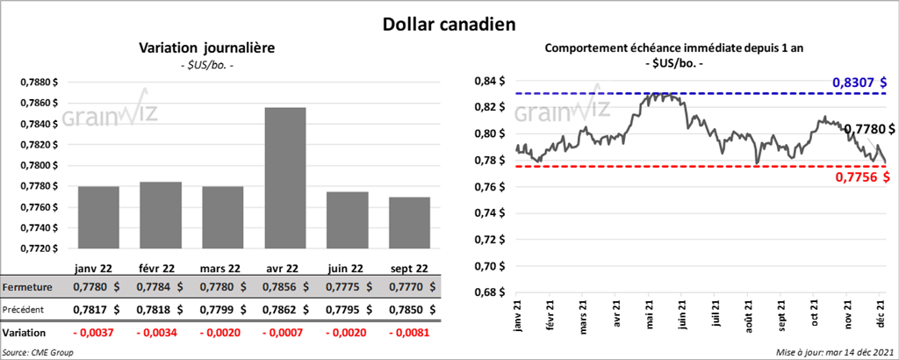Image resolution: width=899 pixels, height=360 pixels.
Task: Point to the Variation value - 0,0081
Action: pos(409,334)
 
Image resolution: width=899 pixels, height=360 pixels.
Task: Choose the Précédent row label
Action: pos(25,309)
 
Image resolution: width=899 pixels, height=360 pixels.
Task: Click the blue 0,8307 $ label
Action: pos(860,82)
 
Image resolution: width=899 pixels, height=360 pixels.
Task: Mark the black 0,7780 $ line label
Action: pos(868,129)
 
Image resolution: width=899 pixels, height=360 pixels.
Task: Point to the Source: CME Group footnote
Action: pos(39,352)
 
